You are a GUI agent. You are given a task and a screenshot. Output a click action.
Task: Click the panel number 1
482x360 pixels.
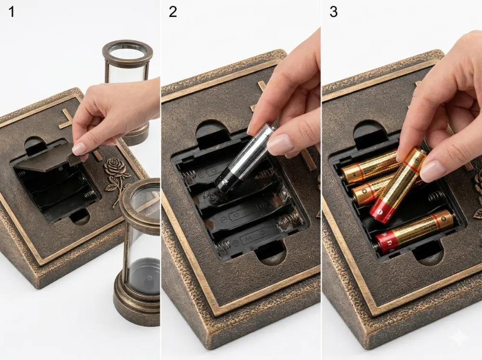pos(11,12)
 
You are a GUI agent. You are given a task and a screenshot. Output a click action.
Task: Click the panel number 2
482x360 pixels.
pos(173,12)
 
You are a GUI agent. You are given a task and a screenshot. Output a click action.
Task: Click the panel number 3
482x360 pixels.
pos(333,12)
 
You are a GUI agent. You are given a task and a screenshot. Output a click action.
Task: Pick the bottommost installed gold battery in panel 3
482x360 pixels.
pos(415,230)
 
